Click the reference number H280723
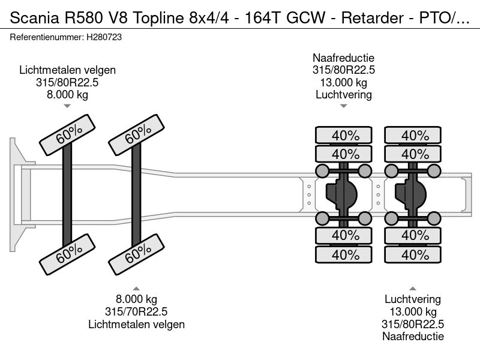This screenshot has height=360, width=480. point(104,37)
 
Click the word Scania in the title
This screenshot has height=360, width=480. point(34,18)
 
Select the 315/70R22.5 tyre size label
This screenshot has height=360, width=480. point(136,311)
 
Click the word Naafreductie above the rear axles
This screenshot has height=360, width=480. point(343,58)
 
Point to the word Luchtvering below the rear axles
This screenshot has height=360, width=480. point(413,299)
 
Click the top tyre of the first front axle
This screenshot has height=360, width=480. point(67,135)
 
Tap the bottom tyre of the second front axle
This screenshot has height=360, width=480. point(137,254)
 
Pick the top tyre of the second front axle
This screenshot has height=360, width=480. point(137,135)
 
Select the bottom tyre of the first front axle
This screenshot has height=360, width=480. point(67,254)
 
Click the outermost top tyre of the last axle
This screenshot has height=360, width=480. point(413,135)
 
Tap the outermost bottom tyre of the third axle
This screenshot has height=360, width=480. point(343,254)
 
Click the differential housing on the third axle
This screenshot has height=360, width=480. point(341,194)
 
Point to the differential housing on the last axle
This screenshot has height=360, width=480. point(411,194)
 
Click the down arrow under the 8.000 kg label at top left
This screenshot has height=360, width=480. point(67,106)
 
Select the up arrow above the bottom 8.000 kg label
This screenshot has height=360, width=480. point(136,289)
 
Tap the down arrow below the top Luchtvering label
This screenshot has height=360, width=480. point(343,106)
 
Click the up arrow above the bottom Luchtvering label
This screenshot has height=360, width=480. point(413,289)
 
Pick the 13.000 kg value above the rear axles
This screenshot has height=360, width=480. point(343,83)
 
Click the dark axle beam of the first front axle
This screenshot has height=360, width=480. point(67,194)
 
